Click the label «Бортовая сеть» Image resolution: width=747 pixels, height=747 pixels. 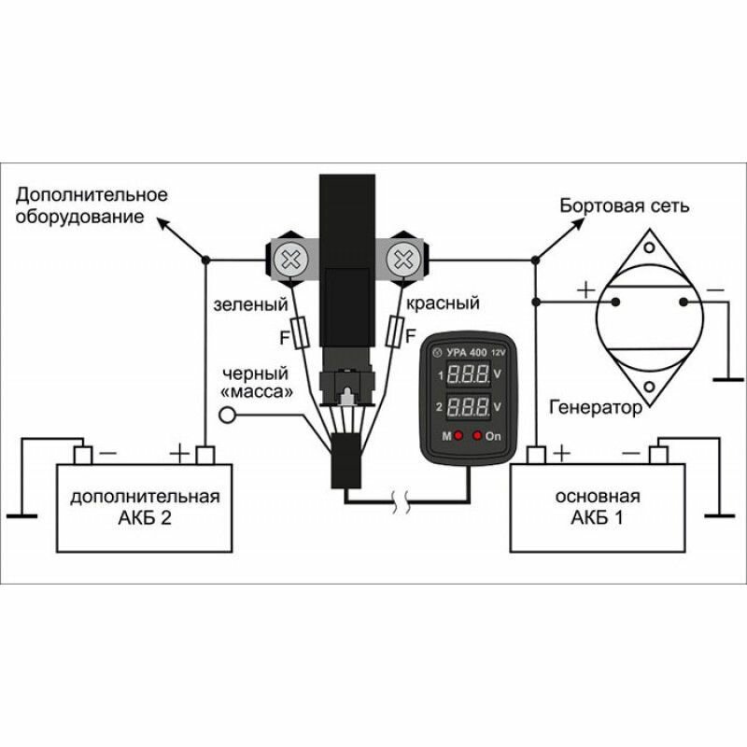click(624, 205)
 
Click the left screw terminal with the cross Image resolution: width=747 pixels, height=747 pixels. click(292, 256)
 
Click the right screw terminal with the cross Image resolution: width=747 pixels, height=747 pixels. click(405, 256)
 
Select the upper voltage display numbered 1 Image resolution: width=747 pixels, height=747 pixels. click(468, 375)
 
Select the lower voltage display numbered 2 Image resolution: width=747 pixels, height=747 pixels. click(468, 407)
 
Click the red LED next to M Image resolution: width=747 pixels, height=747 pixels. click(459, 436)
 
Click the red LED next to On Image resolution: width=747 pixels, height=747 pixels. click(478, 436)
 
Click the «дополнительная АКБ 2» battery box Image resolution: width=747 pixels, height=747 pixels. click(145, 507)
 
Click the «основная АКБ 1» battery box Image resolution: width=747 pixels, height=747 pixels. click(602, 507)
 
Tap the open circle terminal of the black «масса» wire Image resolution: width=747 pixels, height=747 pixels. click(225, 416)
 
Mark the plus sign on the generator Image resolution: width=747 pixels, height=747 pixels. click(585, 289)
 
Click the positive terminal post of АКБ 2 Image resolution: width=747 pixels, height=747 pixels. click(205, 455)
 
